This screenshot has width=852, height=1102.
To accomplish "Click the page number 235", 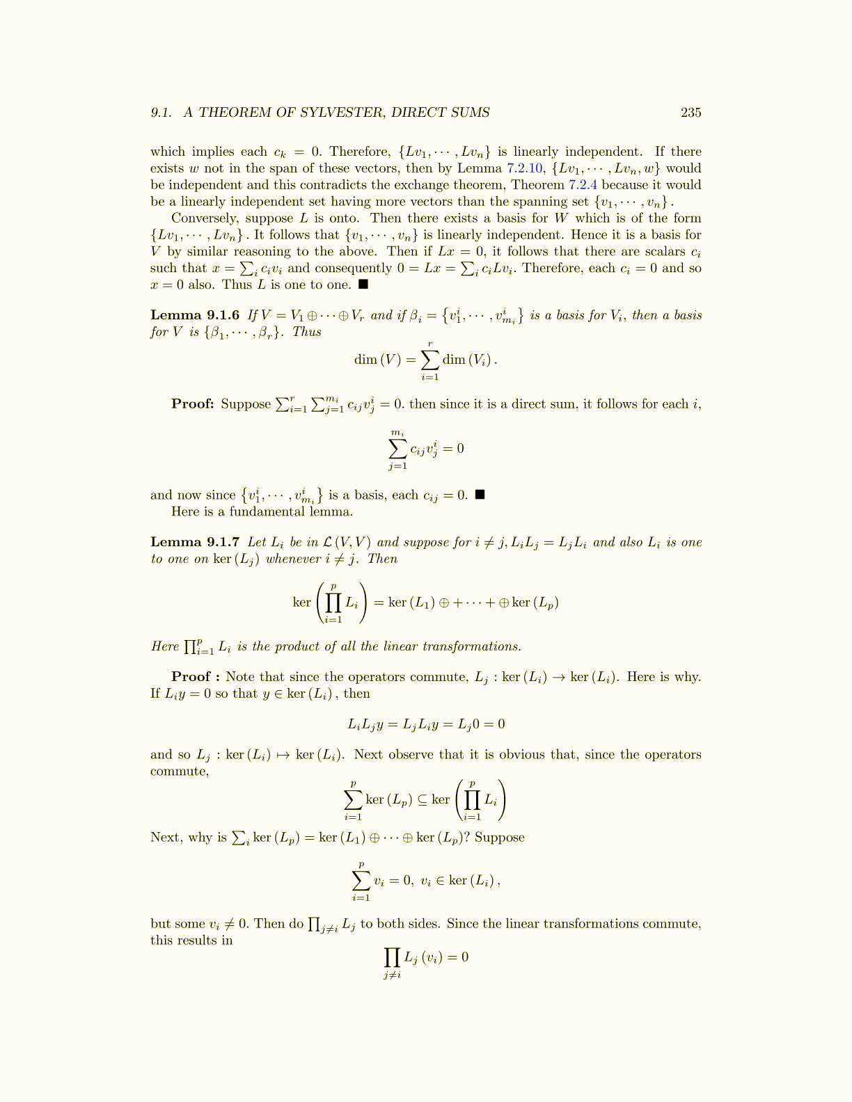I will pyautogui.click(x=691, y=113).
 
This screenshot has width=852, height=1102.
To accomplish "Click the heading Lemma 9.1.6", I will pyautogui.click(x=195, y=315).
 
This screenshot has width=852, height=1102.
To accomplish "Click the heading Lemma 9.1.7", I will pyautogui.click(x=195, y=543).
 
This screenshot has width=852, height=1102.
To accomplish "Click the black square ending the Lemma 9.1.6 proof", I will pyautogui.click(x=479, y=495).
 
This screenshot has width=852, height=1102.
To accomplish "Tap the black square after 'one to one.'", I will pyautogui.click(x=363, y=285).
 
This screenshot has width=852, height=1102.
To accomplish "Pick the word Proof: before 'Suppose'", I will pyautogui.click(x=193, y=404).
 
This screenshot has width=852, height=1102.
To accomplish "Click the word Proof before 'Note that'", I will pyautogui.click(x=191, y=677).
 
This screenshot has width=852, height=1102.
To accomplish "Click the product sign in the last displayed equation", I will pyautogui.click(x=392, y=957).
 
